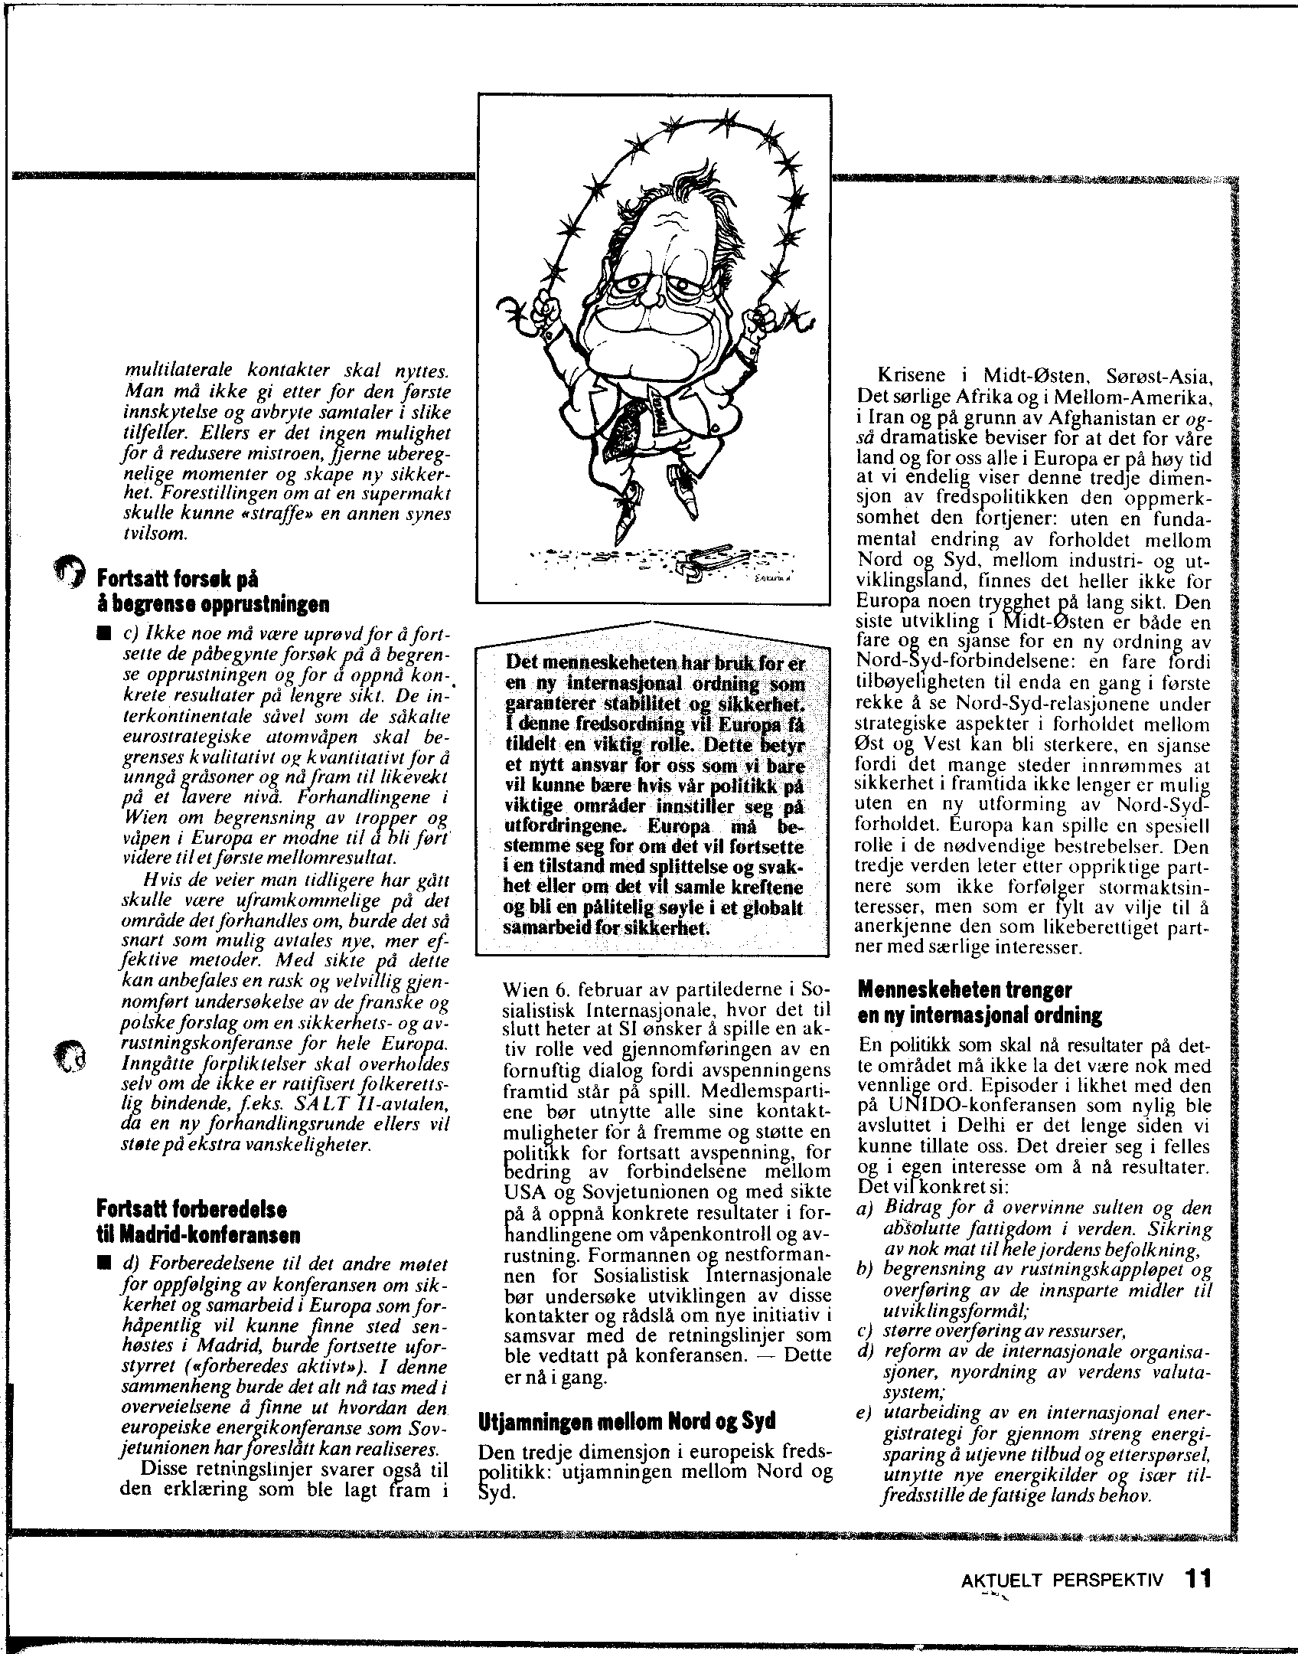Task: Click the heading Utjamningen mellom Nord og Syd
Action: click(627, 1420)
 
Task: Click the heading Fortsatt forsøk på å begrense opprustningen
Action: click(210, 590)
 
